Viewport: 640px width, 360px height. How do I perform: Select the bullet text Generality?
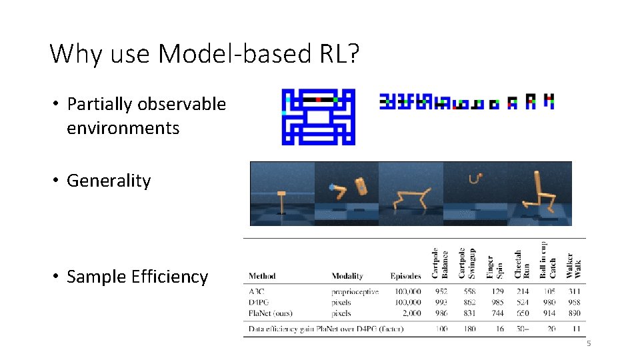click(x=109, y=181)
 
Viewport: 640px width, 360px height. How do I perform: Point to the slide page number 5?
click(x=589, y=343)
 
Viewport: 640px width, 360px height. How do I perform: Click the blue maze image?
click(x=318, y=117)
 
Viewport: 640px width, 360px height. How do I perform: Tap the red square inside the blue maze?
click(x=319, y=99)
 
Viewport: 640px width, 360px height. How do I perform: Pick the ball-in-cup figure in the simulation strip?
click(x=475, y=178)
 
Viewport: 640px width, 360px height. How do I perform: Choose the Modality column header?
click(x=347, y=276)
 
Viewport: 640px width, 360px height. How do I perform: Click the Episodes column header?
click(x=405, y=276)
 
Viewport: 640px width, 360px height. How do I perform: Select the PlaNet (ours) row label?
click(x=271, y=313)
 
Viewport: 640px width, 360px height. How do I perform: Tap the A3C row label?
click(x=256, y=291)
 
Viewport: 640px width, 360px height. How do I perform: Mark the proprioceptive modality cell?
click(x=355, y=291)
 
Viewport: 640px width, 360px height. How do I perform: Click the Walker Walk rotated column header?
click(x=574, y=265)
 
